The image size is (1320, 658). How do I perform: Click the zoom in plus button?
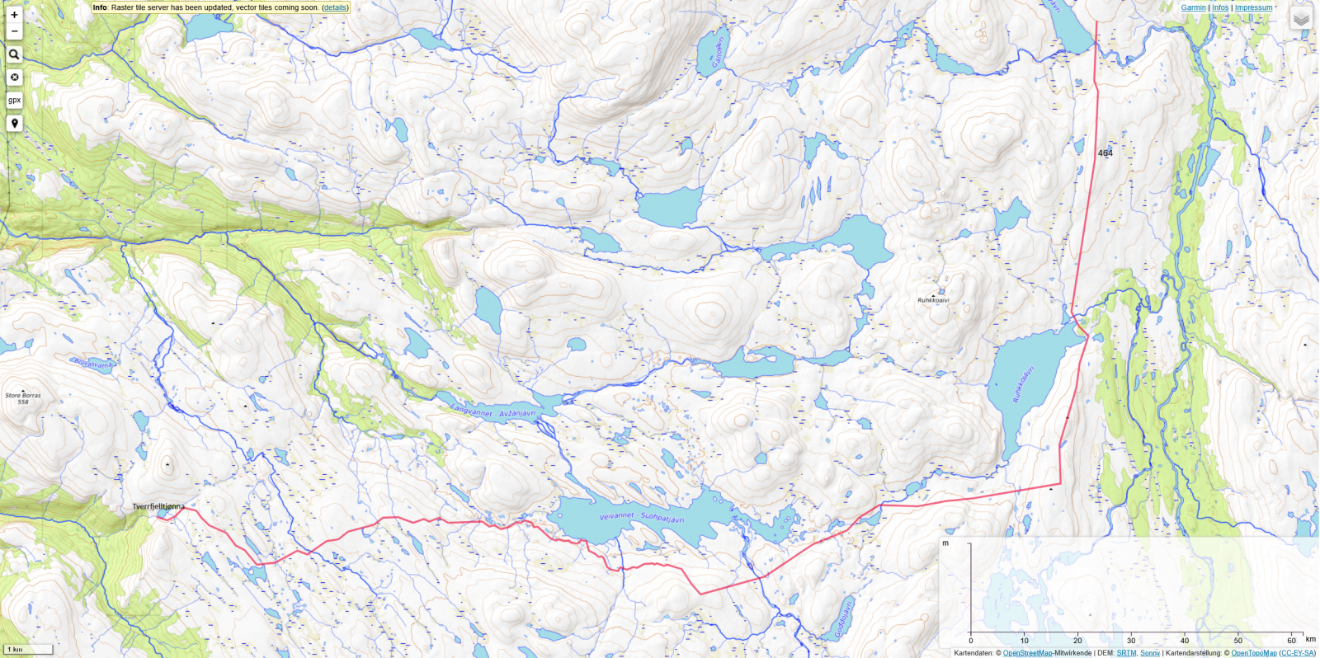(x=14, y=15)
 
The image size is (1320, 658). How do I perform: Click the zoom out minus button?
(x=14, y=31)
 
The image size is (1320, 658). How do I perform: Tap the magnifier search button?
(x=14, y=54)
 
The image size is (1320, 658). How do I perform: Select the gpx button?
(x=14, y=101)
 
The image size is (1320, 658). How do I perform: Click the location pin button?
(x=14, y=124)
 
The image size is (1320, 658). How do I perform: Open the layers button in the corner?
(x=1301, y=18)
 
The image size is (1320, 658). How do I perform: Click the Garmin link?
(x=1193, y=7)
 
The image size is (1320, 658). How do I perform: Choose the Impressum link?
(x=1253, y=7)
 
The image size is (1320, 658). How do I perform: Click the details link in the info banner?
(x=335, y=7)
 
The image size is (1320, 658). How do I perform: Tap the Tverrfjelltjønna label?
(x=158, y=506)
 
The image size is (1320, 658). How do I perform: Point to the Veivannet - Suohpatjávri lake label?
(x=641, y=517)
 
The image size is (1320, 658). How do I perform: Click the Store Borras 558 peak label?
(x=23, y=398)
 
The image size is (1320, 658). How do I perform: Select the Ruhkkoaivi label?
(x=933, y=300)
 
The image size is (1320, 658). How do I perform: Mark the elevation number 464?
(x=1105, y=153)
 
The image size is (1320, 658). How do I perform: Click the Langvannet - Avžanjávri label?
(x=493, y=411)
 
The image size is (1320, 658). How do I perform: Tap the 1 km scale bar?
(x=28, y=650)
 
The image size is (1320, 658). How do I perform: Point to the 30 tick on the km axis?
(x=1131, y=641)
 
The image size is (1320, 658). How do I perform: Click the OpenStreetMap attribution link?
(x=1027, y=653)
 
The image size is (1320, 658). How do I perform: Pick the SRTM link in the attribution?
(x=1126, y=653)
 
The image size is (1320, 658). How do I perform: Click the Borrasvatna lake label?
(x=93, y=363)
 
